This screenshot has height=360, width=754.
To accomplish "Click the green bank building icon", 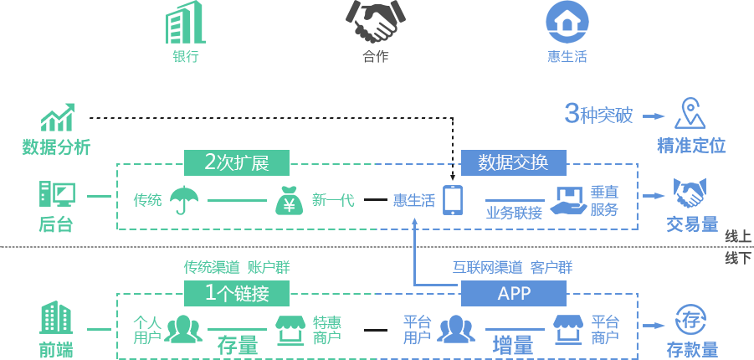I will (185, 23).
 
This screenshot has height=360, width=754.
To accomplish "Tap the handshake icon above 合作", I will (372, 23).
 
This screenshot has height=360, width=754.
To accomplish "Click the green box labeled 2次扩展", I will (236, 162).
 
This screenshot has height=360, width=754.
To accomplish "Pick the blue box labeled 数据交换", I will (513, 162).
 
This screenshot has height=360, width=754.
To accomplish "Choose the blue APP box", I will (513, 293).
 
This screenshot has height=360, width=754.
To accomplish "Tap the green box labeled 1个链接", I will (236, 293).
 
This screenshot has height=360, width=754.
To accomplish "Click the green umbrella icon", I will (183, 199).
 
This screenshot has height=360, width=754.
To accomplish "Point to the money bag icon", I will (288, 200).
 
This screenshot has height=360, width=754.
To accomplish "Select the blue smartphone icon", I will (453, 199).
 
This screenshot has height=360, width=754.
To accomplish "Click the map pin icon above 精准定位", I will (690, 114).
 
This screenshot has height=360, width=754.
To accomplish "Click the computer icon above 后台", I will (57, 195).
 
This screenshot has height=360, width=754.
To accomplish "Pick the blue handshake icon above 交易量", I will (691, 195).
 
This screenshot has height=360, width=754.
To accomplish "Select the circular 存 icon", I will (690, 320).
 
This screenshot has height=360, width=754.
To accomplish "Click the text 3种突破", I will (598, 115).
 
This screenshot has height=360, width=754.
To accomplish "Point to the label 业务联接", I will (515, 213).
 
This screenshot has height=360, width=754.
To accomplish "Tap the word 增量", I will (513, 344).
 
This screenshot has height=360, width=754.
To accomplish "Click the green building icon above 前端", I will (56, 318).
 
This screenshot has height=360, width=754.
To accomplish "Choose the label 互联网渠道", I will (488, 268).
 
